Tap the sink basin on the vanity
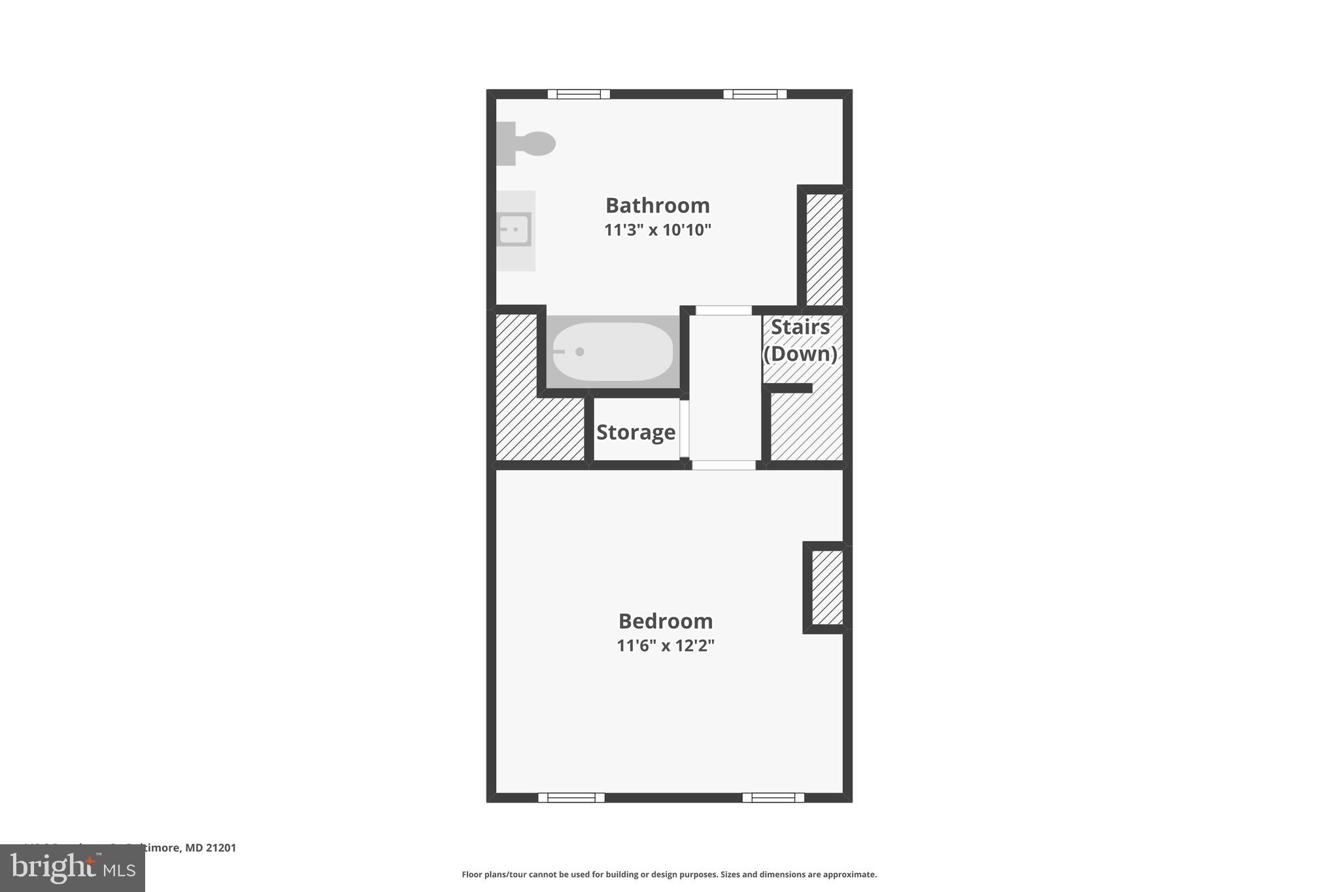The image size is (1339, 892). (514, 229)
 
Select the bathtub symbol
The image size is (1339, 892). (612, 352)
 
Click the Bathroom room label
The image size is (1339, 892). (657, 205)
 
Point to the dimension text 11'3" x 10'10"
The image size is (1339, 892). (657, 230)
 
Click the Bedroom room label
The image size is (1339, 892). (665, 621)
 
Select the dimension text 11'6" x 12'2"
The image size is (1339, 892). (665, 646)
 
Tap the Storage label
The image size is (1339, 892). (636, 432)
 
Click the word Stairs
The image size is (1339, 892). (800, 327)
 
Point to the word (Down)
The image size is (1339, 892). (800, 354)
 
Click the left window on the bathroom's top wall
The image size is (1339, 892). (579, 94)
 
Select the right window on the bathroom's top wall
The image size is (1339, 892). (754, 94)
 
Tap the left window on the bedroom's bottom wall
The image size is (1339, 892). (571, 797)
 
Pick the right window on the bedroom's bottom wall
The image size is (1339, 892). (773, 797)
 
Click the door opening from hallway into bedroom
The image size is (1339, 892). (724, 465)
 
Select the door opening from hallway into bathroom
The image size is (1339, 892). (724, 310)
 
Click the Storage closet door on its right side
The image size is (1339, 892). (684, 429)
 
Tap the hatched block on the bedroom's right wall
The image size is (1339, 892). (827, 587)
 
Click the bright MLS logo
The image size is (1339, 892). (73, 868)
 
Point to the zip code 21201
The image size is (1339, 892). (221, 848)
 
